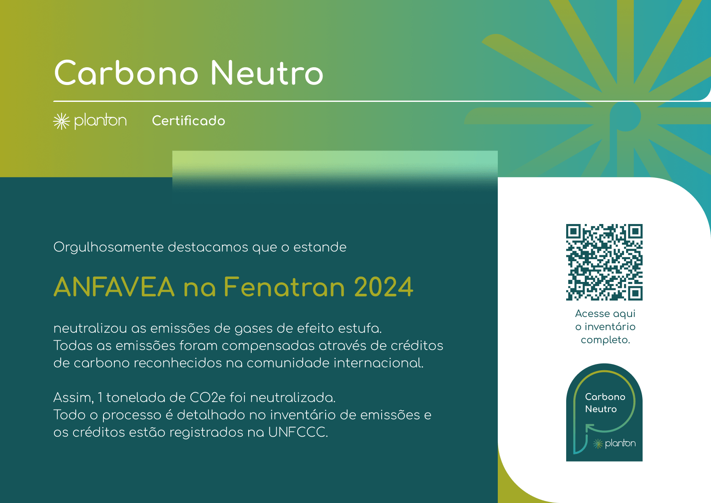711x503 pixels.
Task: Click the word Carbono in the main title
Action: (x=126, y=73)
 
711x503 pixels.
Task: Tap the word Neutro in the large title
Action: (x=267, y=73)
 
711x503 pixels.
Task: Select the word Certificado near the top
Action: (x=189, y=121)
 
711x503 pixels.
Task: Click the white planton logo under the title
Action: (x=90, y=121)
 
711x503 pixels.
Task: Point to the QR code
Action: (x=604, y=262)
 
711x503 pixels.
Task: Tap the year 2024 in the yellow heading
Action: (x=383, y=287)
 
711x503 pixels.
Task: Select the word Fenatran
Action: (x=285, y=287)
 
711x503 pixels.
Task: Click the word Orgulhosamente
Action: (x=108, y=248)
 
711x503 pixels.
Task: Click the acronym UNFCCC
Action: (x=298, y=432)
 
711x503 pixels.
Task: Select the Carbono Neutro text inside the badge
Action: (x=605, y=402)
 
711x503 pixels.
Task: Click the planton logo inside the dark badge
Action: (x=614, y=443)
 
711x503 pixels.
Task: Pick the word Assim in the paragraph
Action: (x=73, y=397)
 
